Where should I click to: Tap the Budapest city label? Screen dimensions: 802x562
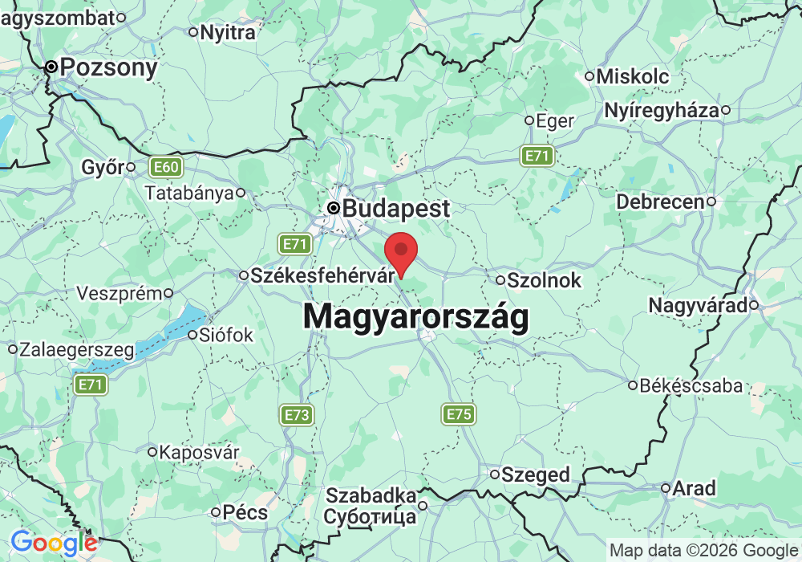[x=395, y=209]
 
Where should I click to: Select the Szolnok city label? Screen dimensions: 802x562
[x=543, y=281]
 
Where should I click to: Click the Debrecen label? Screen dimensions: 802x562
[x=659, y=202]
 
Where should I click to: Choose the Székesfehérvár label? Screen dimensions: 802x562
[x=318, y=275]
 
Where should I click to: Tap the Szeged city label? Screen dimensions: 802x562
[x=535, y=474]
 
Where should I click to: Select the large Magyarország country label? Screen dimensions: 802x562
[x=415, y=317]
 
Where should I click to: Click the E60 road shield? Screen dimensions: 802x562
[x=167, y=168]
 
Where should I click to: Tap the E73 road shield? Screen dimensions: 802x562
[x=297, y=414]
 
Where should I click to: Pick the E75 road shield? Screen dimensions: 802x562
[x=459, y=414]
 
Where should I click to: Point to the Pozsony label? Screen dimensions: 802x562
[x=109, y=67]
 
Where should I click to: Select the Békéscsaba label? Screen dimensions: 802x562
[x=691, y=386]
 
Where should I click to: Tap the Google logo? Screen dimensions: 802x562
[x=55, y=544]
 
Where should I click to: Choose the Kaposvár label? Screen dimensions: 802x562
[x=199, y=452]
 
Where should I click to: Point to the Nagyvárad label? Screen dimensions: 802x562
[x=698, y=305]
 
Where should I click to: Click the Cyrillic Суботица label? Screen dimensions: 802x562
[x=370, y=516]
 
